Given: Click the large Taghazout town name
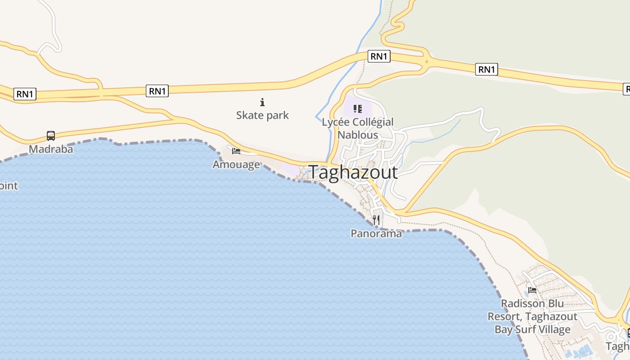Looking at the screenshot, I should pyautogui.click(x=353, y=172).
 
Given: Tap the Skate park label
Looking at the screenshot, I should pyautogui.click(x=262, y=115).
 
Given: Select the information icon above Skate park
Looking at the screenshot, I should pyautogui.click(x=262, y=103).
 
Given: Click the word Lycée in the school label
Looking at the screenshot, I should pyautogui.click(x=336, y=122).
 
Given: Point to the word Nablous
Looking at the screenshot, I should pyautogui.click(x=358, y=135).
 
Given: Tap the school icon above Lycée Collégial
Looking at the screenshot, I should pyautogui.click(x=358, y=108).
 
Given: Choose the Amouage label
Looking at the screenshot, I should pyautogui.click(x=236, y=164).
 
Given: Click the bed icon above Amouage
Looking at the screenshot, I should pyautogui.click(x=236, y=151).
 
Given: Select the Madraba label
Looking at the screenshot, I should pyautogui.click(x=51, y=149).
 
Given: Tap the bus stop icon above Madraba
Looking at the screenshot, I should pyautogui.click(x=51, y=135).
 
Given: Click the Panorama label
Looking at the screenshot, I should pyautogui.click(x=376, y=234).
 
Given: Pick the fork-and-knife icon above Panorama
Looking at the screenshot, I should pyautogui.click(x=376, y=220).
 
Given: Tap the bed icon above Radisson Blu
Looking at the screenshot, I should pyautogui.click(x=532, y=290).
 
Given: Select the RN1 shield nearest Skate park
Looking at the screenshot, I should pyautogui.click(x=157, y=91).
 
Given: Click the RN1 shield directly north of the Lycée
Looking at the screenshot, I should pyautogui.click(x=379, y=56).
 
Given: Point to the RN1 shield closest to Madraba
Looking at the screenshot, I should pyautogui.click(x=25, y=94).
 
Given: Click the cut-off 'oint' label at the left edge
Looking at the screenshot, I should pyautogui.click(x=9, y=185).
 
